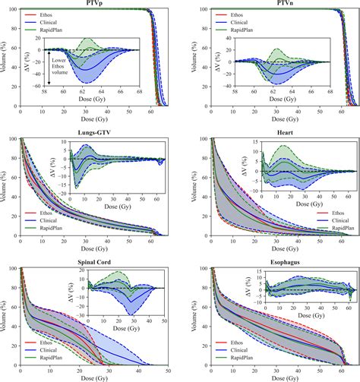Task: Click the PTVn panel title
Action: (x=274, y=5)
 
